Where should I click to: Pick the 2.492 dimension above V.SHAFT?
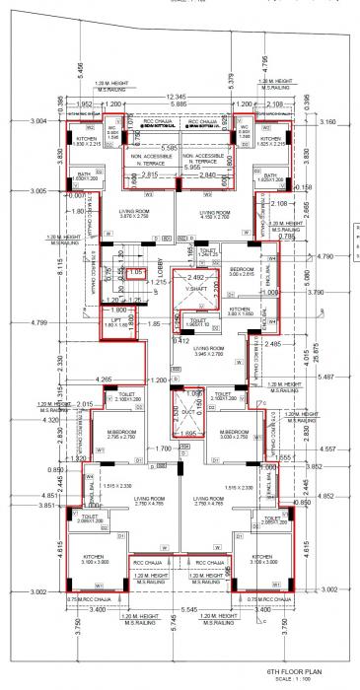point(201,279)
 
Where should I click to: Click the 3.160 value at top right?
point(328,121)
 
